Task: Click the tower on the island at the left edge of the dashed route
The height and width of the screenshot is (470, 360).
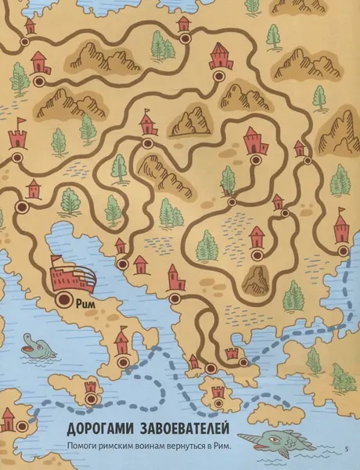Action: [x=91, y=387]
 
